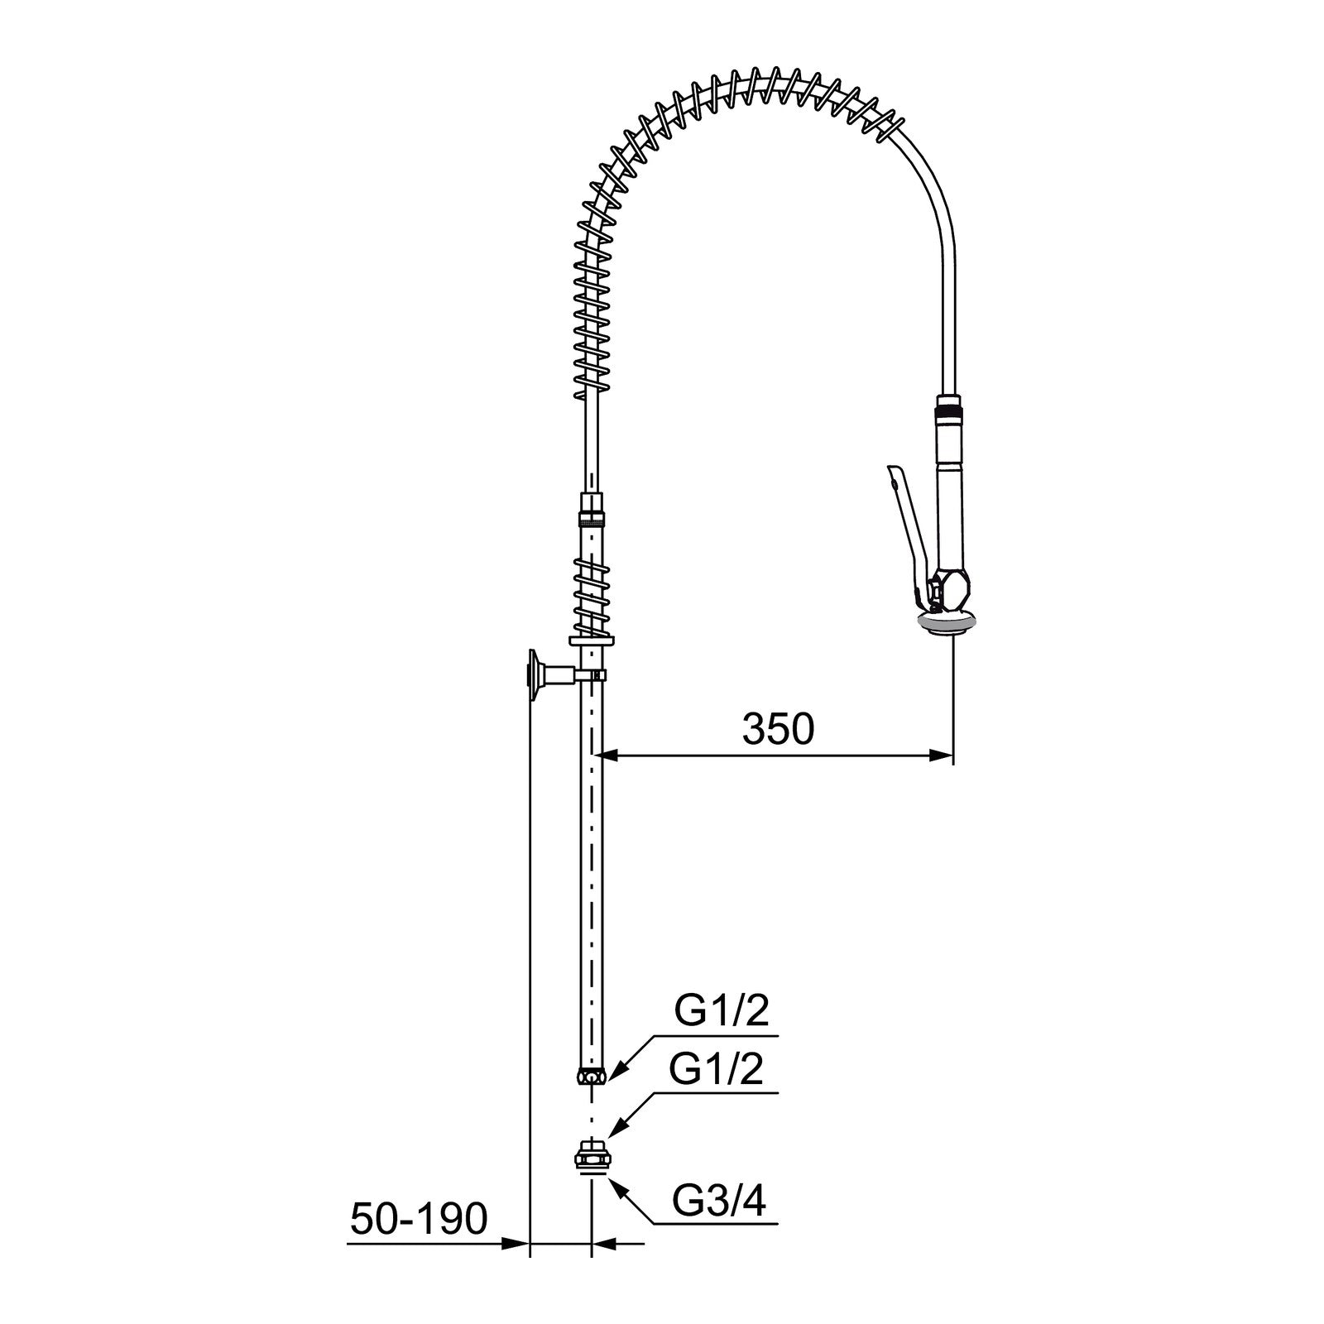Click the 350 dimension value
(x=778, y=729)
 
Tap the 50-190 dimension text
(x=419, y=1219)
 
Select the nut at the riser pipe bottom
(x=592, y=1076)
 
